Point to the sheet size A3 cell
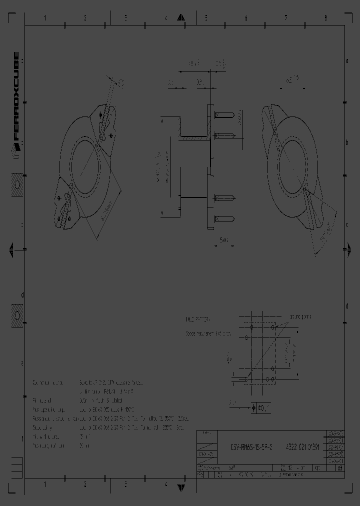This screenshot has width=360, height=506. tap(340, 468)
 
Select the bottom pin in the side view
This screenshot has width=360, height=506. tap(224, 218)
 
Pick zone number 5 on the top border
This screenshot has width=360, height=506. tap(205, 18)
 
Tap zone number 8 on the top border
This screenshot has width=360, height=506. tap(325, 18)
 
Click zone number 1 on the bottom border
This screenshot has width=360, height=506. tap(45, 484)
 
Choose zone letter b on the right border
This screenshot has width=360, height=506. tap(346, 143)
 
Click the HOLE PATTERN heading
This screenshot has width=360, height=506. tap(198, 318)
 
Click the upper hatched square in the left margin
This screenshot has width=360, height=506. tap(17, 185)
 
